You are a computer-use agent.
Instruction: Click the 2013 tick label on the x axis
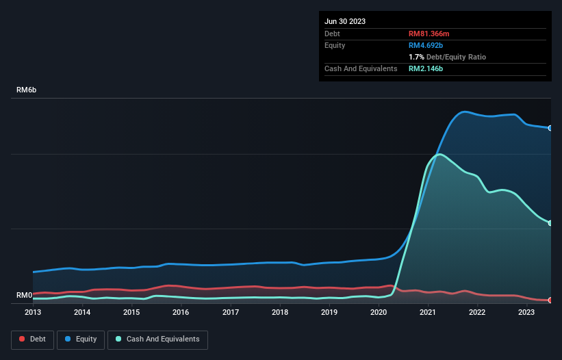[33, 312]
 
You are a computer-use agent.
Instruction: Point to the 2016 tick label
[181, 312]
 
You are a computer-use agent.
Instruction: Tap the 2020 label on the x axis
[379, 312]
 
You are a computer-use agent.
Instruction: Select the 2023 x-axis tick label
[526, 312]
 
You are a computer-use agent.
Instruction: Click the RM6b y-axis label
[28, 90]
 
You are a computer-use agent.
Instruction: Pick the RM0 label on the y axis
[25, 295]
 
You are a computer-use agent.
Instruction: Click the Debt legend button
[31, 339]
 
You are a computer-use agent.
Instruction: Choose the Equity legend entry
[81, 339]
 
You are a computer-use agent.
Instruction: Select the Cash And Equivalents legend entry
[157, 339]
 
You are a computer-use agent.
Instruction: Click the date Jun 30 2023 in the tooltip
[345, 21]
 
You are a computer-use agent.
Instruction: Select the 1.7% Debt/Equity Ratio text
[447, 57]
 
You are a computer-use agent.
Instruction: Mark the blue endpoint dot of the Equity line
[550, 128]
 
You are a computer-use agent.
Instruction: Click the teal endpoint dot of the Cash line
[550, 223]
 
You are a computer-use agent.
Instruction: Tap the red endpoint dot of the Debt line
[550, 300]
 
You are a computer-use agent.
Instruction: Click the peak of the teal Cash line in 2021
[439, 154]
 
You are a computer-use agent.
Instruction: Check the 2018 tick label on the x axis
[280, 312]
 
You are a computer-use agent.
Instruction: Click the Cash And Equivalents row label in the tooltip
[361, 68]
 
